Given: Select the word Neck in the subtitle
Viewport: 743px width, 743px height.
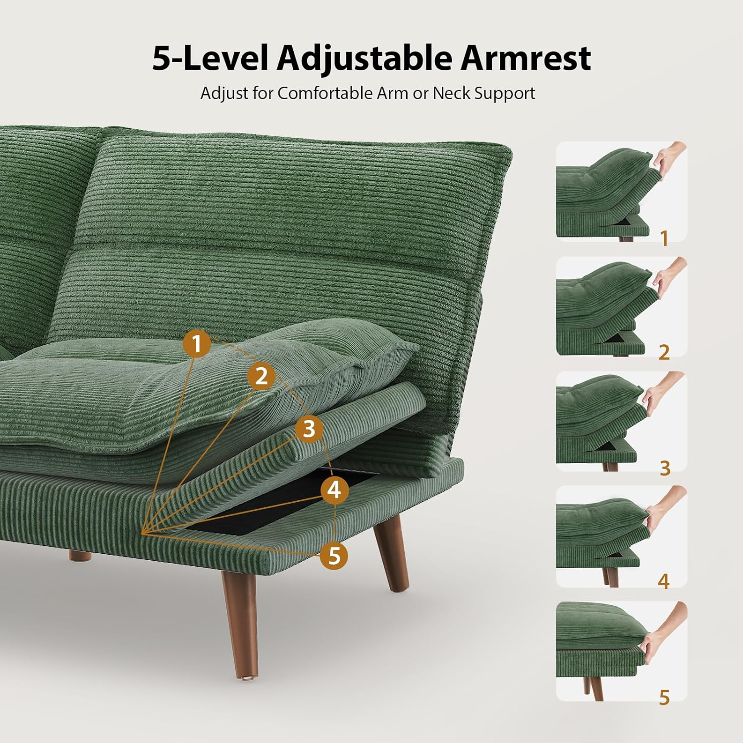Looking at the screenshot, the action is coord(451,93).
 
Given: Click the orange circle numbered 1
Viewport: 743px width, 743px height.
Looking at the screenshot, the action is coord(197,343).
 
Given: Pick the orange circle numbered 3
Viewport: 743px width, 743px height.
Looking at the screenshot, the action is coord(309,428).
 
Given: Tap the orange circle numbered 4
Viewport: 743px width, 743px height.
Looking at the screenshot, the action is coord(334,490).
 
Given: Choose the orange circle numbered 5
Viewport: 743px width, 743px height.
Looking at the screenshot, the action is coord(334,555).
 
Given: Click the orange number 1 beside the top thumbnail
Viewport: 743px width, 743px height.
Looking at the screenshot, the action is coord(664,239).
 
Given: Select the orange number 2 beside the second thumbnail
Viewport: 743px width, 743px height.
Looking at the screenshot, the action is coord(664,352).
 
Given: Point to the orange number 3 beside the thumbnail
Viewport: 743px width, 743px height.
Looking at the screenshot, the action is coord(665,468).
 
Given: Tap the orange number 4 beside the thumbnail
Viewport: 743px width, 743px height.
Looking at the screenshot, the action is coord(664,581).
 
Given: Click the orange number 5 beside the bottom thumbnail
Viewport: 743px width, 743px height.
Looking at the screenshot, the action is coord(664,697).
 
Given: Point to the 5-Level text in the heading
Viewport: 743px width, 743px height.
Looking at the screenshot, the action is coord(210,58).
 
